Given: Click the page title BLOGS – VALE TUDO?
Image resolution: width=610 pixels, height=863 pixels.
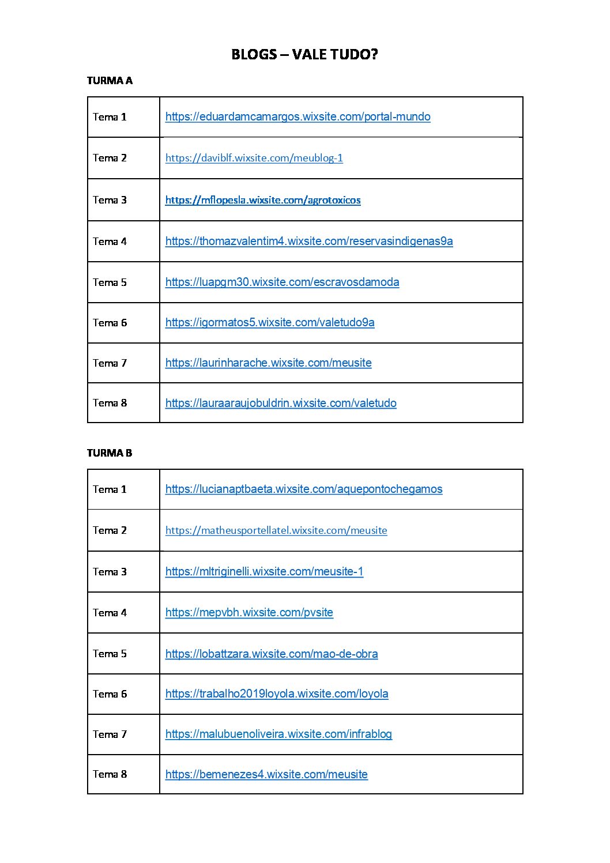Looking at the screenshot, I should click(x=304, y=54).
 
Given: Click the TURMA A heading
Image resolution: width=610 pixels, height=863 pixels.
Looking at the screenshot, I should click(x=110, y=81).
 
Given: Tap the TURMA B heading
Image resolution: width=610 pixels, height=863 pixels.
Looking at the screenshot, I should click(x=110, y=453).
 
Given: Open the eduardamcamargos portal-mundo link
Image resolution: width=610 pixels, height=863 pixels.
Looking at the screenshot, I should click(x=298, y=117).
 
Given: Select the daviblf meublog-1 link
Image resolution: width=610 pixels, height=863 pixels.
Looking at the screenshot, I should click(x=254, y=158).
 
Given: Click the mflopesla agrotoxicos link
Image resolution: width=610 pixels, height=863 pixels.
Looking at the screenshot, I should click(x=263, y=200).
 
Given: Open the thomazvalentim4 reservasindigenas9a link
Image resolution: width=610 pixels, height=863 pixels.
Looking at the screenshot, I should click(x=309, y=242).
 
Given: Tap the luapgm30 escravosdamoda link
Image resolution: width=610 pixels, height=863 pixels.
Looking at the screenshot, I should click(x=282, y=282).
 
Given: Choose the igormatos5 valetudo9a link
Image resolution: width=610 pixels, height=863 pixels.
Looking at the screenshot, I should click(x=270, y=323).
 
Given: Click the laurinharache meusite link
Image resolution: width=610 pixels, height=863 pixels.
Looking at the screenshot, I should click(x=268, y=363).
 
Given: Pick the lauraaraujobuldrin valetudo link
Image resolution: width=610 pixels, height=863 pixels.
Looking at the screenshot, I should click(x=281, y=404).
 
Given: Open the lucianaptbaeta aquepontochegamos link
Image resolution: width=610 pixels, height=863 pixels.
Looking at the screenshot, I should click(x=304, y=489).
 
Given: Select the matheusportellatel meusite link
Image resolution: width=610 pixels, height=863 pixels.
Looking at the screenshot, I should click(x=276, y=530).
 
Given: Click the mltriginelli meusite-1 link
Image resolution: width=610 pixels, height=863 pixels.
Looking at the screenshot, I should click(x=264, y=572).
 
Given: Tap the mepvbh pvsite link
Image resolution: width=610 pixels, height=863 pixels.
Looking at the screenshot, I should click(x=249, y=613).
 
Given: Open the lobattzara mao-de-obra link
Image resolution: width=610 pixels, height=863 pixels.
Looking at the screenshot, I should click(x=272, y=654).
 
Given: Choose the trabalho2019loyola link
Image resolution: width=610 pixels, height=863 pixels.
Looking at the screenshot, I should click(x=277, y=694).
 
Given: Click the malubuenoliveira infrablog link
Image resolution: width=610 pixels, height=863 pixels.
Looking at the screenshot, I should click(x=278, y=734).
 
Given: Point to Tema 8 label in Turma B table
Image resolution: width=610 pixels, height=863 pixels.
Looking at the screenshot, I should click(x=110, y=774).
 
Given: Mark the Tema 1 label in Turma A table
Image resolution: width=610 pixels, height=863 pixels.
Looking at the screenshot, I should click(x=110, y=117).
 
